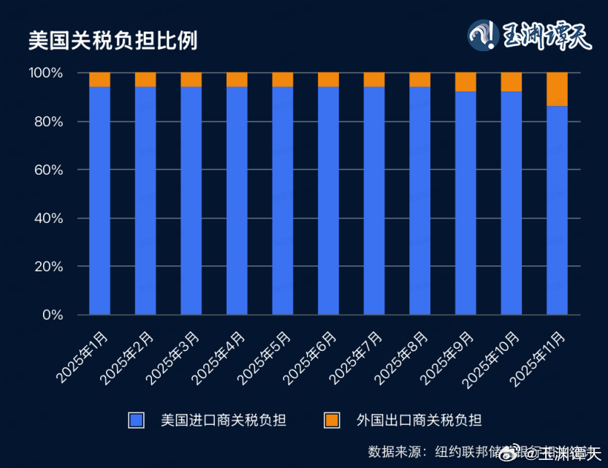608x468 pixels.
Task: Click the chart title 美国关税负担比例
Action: pos(113,39)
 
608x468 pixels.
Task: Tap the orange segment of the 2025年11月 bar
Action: pos(557,89)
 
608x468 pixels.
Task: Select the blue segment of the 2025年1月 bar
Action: pos(99,201)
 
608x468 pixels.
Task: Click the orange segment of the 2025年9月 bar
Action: pos(465,82)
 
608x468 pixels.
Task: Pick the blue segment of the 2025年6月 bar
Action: pos(328,201)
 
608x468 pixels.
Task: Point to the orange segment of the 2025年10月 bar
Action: pos(512,82)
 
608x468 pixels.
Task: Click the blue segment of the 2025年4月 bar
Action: pos(237,201)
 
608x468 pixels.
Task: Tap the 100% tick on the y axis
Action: pos(46,73)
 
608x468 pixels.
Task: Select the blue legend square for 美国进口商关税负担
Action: pos(136,420)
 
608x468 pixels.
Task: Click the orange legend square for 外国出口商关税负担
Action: pos(332,420)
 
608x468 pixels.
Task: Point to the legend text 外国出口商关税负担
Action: pos(419,420)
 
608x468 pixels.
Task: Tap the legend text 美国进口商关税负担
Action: pos(223,420)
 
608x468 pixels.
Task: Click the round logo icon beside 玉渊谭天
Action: pos(484,36)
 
